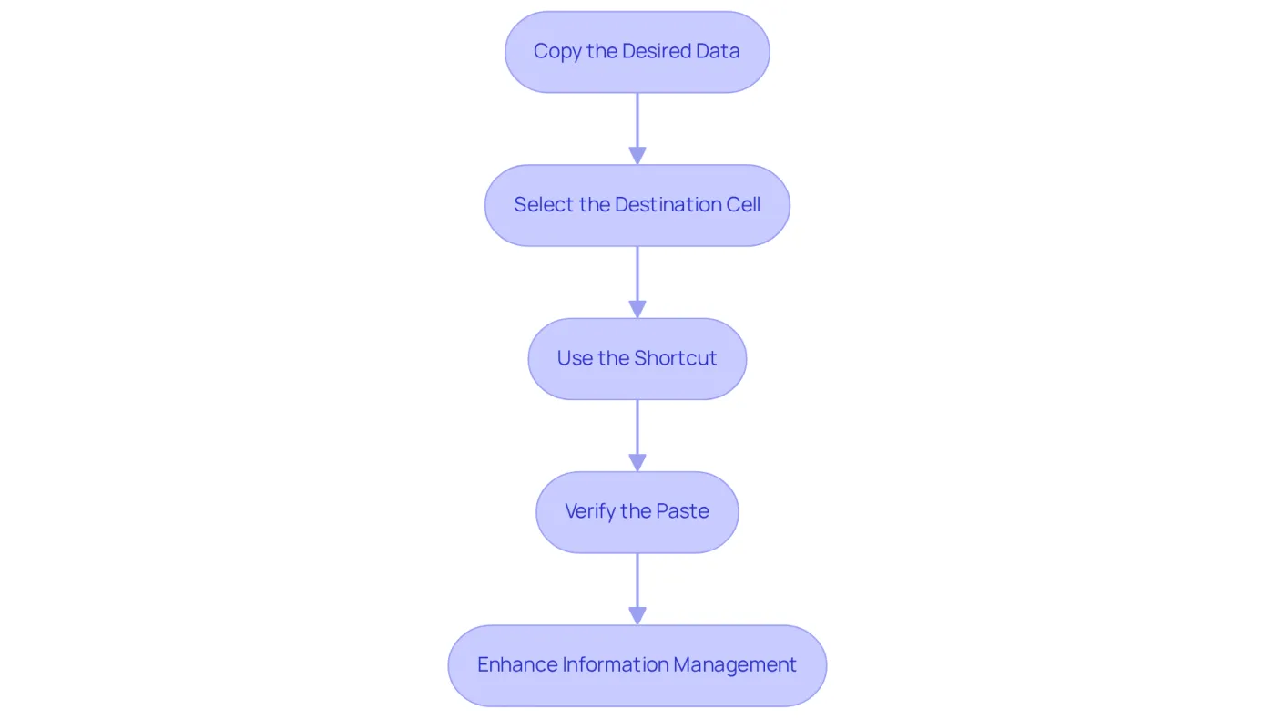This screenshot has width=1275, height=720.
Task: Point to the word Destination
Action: click(x=668, y=204)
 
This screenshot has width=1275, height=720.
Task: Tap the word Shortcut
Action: click(x=676, y=358)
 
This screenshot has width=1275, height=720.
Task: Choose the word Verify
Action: click(x=590, y=512)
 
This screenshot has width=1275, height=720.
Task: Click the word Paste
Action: click(x=682, y=511)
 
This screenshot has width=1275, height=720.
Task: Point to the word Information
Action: click(x=616, y=664)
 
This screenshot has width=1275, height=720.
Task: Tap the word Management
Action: click(x=735, y=665)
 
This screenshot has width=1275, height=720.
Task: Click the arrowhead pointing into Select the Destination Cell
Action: click(x=637, y=156)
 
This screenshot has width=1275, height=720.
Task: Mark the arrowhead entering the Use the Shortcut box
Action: click(x=637, y=309)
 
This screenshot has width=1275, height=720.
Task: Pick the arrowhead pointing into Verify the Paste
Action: click(x=637, y=463)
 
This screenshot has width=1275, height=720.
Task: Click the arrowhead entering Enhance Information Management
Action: click(x=637, y=616)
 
